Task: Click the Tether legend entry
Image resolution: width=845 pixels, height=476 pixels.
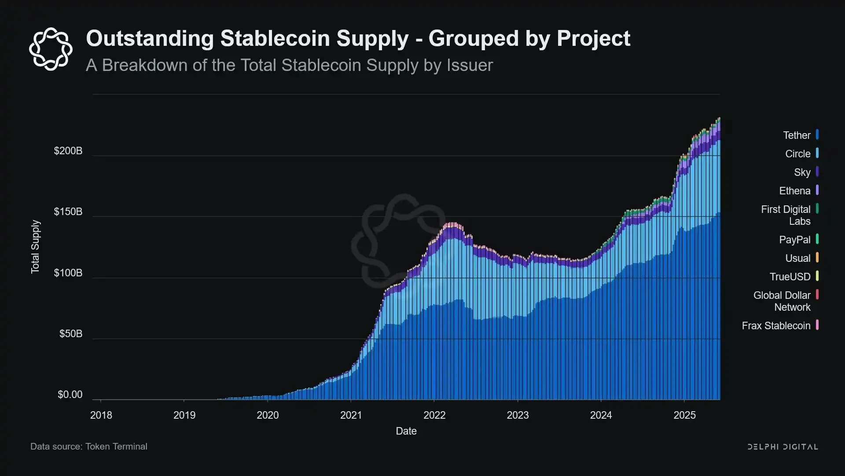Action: [x=797, y=135]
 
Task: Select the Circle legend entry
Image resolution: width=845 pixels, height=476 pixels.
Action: [x=797, y=154]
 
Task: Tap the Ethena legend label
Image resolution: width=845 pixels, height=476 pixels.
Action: [x=794, y=191]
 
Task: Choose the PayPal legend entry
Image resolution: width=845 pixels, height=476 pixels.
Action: [x=794, y=240]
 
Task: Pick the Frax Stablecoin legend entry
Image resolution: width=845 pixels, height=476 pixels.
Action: [x=776, y=326]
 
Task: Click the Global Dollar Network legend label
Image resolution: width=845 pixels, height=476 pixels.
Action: [x=782, y=301]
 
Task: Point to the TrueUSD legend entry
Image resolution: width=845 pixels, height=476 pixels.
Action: [x=790, y=277]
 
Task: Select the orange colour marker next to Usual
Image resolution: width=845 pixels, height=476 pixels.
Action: [x=817, y=257]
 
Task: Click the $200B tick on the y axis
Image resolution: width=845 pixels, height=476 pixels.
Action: [x=68, y=151]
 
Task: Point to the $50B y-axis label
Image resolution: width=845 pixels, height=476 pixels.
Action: [x=71, y=334]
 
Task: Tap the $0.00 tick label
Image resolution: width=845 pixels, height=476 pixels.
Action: [x=70, y=394]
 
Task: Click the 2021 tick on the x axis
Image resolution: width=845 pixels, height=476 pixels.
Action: [x=351, y=415]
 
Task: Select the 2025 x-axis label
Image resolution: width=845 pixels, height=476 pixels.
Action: [x=684, y=415]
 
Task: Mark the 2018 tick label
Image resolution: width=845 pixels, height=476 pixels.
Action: [x=101, y=415]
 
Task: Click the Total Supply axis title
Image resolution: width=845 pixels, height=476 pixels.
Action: [x=35, y=247]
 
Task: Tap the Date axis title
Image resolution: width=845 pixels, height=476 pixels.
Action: [x=406, y=431]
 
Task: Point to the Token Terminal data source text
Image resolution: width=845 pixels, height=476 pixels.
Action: [x=116, y=446]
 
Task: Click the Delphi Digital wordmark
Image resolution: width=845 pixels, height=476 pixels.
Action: [x=783, y=447]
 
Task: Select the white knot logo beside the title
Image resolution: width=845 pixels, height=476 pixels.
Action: [x=51, y=49]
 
